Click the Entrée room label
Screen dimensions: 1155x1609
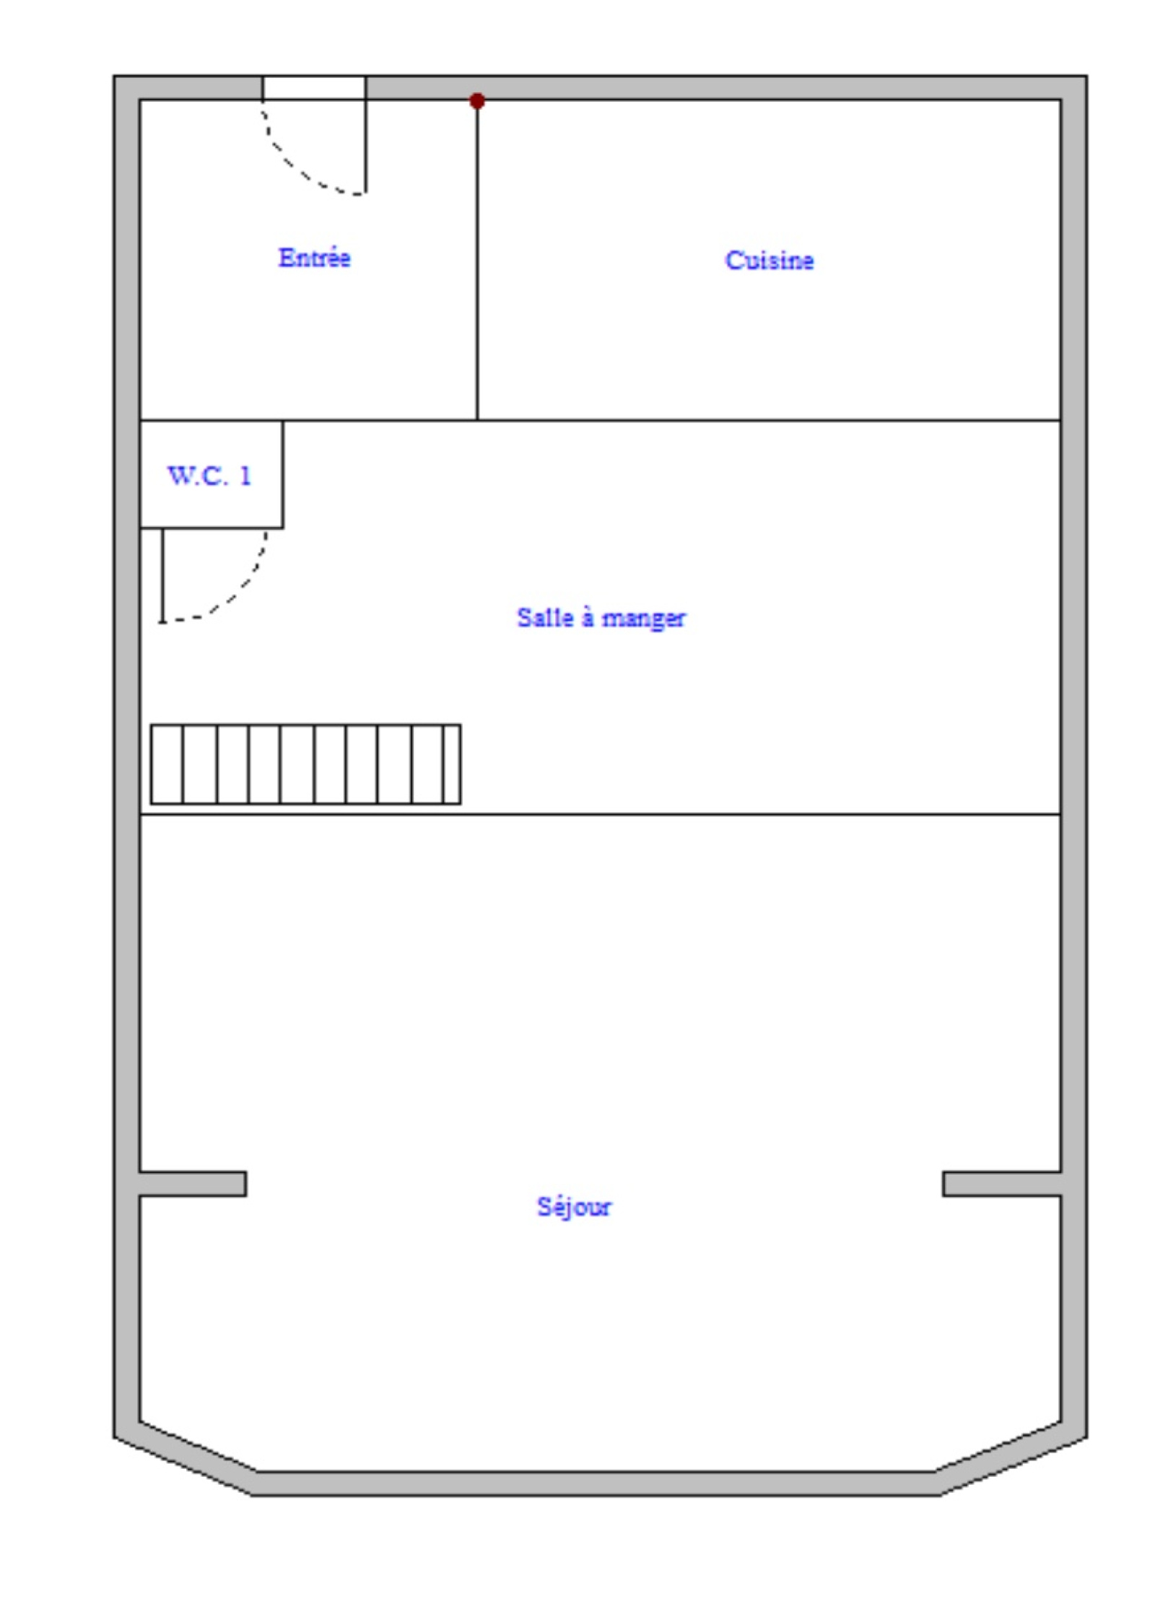coord(314,258)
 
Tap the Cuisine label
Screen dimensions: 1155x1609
coord(770,260)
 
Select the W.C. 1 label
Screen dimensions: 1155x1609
coord(209,476)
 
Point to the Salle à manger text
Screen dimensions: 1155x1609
coord(601,618)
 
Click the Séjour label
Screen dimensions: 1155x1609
coord(574,1206)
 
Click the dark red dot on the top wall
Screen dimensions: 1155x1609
coord(477,101)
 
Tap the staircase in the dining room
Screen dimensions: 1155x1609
coord(305,764)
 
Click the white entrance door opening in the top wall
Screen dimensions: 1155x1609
coord(314,88)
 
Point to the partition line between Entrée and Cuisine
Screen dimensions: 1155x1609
coord(477,260)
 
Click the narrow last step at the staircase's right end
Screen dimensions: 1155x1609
coord(453,764)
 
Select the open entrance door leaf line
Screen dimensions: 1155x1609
coord(365,147)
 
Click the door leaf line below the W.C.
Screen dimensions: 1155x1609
coord(162,575)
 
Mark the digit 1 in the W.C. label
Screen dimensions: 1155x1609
coord(245,476)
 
